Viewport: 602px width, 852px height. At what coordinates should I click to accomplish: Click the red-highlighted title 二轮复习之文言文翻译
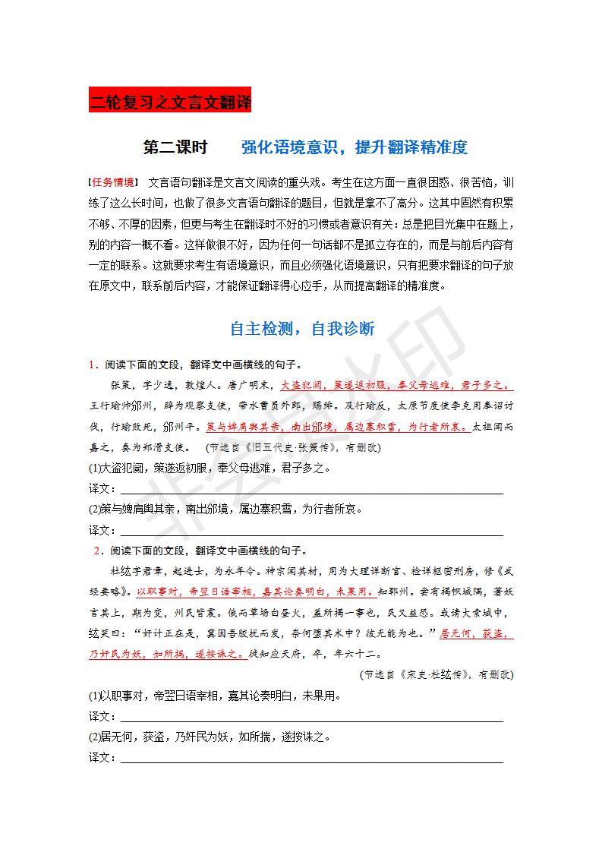169,102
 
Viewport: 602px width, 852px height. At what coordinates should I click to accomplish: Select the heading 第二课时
175,147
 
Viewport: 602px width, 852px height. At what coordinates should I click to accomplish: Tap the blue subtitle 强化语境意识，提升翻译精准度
354,147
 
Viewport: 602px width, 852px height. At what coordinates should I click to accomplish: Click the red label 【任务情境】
113,182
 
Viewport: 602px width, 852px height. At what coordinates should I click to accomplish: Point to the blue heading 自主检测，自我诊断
301,329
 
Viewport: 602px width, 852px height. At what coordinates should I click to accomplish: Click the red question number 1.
92,364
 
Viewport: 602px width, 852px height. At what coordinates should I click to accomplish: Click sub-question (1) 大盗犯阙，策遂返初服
209,468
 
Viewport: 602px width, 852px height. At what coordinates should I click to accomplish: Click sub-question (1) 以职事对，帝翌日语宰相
214,695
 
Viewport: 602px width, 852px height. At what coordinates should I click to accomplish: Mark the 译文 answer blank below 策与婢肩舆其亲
311,529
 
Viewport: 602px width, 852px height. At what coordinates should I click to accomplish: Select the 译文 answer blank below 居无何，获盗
311,757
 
